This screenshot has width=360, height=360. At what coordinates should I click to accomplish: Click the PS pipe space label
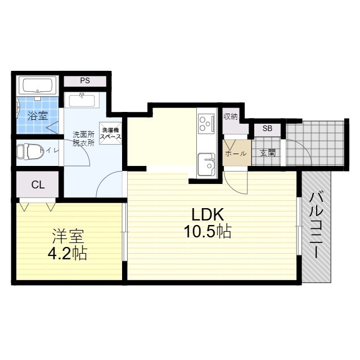85,81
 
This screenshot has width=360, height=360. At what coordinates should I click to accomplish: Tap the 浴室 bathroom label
38,116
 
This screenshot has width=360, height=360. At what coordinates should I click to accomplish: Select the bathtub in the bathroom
38,85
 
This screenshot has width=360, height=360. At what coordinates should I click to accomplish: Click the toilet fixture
30,151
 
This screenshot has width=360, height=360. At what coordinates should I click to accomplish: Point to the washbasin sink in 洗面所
82,100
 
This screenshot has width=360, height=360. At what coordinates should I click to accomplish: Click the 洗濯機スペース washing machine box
110,133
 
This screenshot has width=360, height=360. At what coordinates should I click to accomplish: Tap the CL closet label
38,184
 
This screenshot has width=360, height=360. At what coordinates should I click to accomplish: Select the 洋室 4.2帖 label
67,245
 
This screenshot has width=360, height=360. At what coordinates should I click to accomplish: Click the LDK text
208,215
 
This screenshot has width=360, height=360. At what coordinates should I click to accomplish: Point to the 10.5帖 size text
208,231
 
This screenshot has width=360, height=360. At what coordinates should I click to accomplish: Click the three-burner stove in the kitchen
206,123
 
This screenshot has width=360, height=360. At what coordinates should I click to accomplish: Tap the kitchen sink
206,164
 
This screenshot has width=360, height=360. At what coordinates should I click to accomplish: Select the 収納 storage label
231,116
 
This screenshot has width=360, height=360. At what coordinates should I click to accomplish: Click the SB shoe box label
267,128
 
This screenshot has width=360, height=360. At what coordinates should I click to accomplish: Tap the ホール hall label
236,154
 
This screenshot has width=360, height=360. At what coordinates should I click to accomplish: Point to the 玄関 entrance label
268,153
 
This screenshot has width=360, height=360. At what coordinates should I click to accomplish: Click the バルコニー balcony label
316,226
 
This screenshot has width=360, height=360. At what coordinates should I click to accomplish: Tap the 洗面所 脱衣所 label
84,138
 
